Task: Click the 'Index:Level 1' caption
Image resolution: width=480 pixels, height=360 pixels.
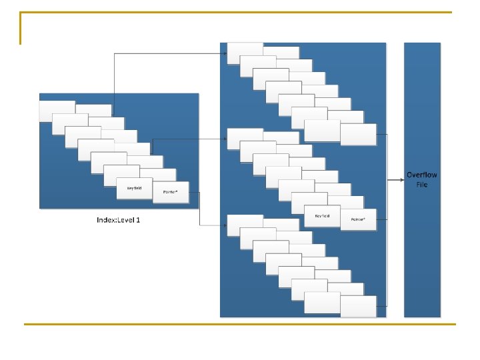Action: [119, 220]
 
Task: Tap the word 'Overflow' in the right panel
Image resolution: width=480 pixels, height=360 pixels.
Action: [422, 175]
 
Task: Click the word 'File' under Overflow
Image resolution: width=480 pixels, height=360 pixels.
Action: [422, 185]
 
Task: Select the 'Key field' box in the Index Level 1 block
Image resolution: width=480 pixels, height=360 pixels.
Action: [134, 188]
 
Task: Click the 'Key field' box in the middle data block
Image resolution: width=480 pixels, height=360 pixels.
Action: [323, 215]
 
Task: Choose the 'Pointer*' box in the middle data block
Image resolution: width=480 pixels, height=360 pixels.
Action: [358, 219]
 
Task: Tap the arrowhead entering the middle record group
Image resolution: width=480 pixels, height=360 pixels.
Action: [225, 139]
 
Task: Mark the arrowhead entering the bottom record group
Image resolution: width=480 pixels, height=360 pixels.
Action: [225, 226]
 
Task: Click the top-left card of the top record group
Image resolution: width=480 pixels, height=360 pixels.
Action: [245, 53]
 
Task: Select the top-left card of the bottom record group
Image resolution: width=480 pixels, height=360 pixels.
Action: [245, 225]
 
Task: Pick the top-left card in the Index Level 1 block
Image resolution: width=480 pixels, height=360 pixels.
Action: [57, 111]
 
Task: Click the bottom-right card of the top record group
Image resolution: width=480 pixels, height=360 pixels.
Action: [358, 134]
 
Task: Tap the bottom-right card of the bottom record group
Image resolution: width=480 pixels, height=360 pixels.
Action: [358, 306]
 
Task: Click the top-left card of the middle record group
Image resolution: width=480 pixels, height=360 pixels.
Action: [245, 139]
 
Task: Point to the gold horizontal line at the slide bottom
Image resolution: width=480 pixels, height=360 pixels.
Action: [240, 324]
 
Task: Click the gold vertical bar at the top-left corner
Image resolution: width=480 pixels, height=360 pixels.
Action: [21, 28]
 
